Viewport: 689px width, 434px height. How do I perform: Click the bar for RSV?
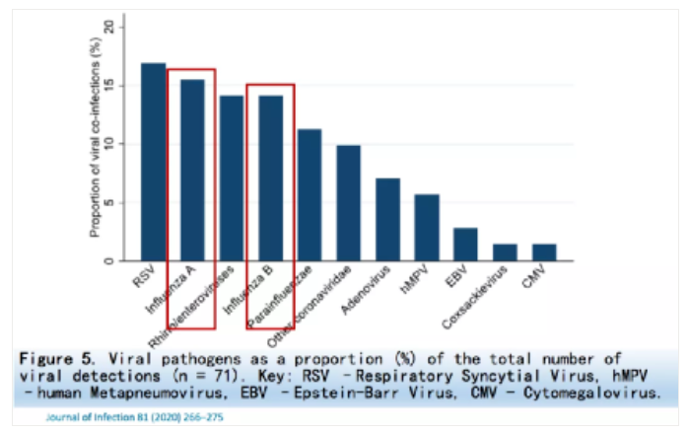[153, 163]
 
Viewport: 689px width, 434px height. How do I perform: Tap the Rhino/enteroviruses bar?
[232, 179]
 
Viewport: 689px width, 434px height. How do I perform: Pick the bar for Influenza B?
[270, 179]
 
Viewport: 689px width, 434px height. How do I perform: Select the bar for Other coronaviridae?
[349, 203]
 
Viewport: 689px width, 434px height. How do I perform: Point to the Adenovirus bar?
[387, 220]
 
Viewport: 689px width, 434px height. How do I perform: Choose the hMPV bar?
[427, 228]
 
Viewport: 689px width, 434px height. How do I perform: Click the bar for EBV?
[465, 245]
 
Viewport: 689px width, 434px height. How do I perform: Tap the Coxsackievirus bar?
[505, 253]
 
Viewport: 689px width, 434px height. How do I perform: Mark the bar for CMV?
[543, 253]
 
